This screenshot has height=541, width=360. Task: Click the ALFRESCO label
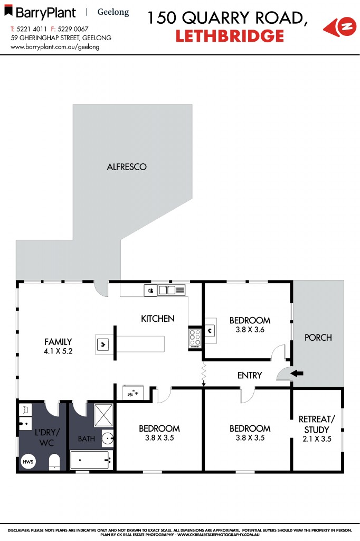[x=127, y=167]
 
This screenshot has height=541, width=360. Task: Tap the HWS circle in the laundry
[x=27, y=461]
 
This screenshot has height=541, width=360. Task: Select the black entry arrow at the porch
[x=298, y=374]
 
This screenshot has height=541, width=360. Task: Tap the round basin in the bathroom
[x=107, y=438]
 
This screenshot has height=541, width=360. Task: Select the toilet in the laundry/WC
[x=54, y=463]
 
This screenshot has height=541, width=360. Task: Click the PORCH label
[x=318, y=337]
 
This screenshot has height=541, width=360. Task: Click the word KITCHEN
[x=157, y=319]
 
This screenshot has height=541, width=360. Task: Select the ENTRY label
[x=250, y=375]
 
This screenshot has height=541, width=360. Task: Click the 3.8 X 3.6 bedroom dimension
[x=250, y=330]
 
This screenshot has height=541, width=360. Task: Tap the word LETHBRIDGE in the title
[x=230, y=36]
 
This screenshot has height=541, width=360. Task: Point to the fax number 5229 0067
[x=73, y=29]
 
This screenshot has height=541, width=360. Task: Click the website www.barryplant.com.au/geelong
[x=55, y=46]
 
